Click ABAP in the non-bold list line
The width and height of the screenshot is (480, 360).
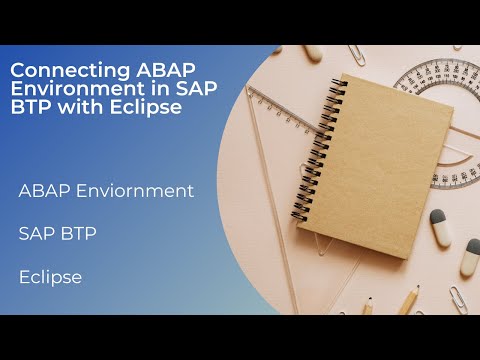point(42,190)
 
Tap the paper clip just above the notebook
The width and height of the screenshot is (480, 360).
point(356,55)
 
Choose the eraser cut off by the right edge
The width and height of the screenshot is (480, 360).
point(471,255)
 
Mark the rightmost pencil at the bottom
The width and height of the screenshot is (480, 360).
point(409,300)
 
